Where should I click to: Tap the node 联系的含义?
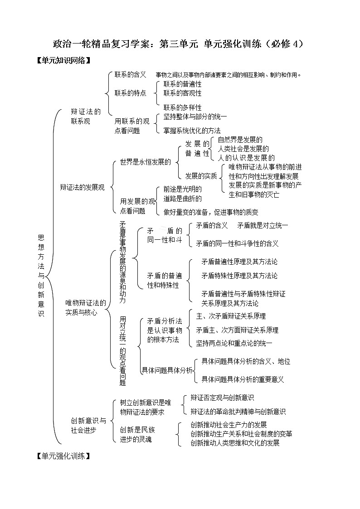tap(130, 74)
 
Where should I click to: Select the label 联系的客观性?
tap(182, 93)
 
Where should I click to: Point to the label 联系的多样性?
tap(182, 108)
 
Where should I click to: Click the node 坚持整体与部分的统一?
tap(195, 117)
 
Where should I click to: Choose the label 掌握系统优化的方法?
tap(192, 131)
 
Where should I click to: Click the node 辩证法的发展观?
tap(82, 187)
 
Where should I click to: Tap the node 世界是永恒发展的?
tap(145, 162)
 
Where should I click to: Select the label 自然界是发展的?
tap(240, 140)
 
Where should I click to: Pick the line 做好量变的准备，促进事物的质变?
tap(211, 212)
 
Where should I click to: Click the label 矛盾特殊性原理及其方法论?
tap(239, 276)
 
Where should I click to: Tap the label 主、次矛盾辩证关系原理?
tap(231, 316)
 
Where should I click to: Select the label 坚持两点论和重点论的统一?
tap(234, 344)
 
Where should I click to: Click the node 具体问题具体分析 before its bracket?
tap(167, 371)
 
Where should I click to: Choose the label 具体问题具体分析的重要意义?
tap(243, 379)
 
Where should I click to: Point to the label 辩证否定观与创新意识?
tap(222, 398)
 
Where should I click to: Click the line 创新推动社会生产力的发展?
tap(229, 425)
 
